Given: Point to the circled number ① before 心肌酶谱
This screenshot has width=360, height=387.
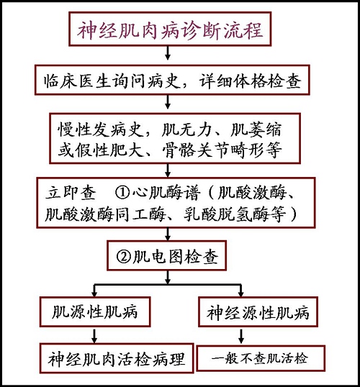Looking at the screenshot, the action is (122, 193).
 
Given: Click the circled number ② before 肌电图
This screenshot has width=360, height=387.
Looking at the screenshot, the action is (123, 256).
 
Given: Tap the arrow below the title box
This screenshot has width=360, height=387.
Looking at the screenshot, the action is (168, 53).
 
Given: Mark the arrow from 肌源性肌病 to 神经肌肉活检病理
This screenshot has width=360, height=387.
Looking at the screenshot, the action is (94, 335).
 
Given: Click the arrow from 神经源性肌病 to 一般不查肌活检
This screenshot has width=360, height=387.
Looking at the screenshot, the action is (241, 336).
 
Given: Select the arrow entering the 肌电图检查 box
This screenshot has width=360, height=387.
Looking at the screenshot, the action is (168, 234).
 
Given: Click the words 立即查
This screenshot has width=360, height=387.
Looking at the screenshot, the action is (71, 193).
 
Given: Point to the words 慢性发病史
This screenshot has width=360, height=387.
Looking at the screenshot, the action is (101, 129).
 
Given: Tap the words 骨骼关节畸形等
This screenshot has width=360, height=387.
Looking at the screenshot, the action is (222, 150).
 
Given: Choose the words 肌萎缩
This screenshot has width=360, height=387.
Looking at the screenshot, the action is (256, 129).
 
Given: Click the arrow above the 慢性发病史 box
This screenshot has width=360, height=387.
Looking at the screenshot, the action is (168, 102).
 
